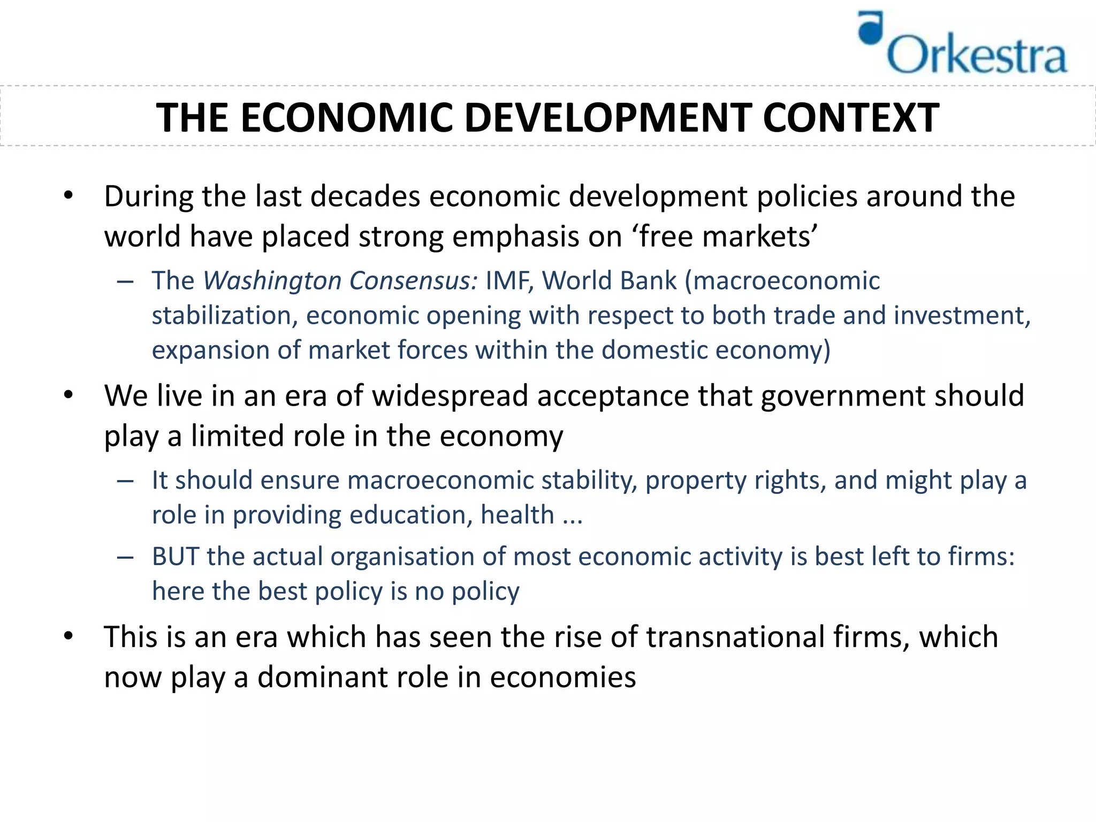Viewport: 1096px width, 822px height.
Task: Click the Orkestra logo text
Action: pos(977,55)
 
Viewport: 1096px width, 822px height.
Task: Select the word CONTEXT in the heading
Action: pos(850,118)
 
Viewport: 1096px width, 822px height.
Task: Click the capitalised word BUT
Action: pos(175,557)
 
